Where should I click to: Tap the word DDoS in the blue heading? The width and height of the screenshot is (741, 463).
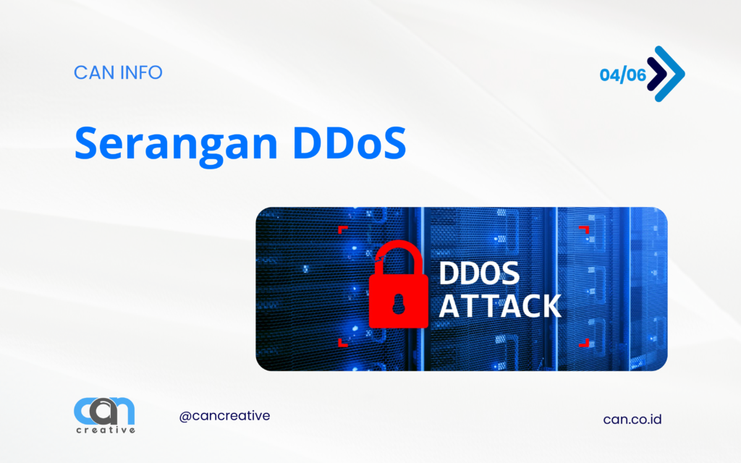point(350,142)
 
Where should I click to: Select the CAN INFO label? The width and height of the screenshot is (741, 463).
point(118,72)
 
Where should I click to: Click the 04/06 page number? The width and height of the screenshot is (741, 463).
point(623,75)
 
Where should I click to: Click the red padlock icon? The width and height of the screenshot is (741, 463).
point(399,284)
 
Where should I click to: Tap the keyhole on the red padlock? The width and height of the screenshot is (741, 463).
point(399,304)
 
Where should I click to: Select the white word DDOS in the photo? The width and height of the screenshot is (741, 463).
point(479,273)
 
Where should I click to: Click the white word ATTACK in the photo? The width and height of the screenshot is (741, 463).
point(500,306)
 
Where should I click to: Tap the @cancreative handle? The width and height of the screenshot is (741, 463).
point(224,416)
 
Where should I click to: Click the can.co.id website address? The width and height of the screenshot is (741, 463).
point(632,419)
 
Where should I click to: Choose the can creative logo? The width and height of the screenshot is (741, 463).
point(104,415)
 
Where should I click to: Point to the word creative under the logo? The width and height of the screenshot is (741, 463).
point(106,430)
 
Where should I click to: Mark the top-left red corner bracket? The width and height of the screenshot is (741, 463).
point(342,229)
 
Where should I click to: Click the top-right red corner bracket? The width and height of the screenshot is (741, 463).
point(585,229)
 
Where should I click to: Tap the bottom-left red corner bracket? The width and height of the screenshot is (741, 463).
point(342,343)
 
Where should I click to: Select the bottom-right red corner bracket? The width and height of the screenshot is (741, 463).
point(585,343)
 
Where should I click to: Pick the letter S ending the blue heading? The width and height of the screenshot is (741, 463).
point(393,142)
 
